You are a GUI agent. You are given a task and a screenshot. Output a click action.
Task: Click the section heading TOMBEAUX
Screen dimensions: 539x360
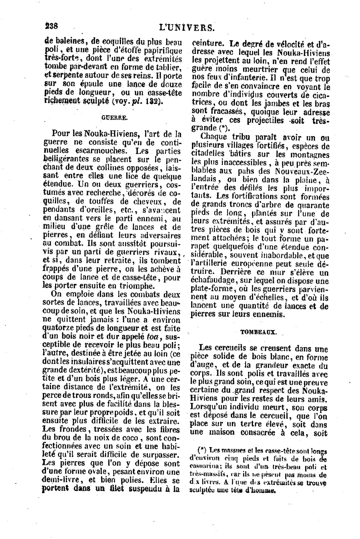pyautogui.click(x=258, y=332)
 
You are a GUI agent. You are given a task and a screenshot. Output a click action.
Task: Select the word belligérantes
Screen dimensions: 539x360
pyautogui.click(x=64, y=158)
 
